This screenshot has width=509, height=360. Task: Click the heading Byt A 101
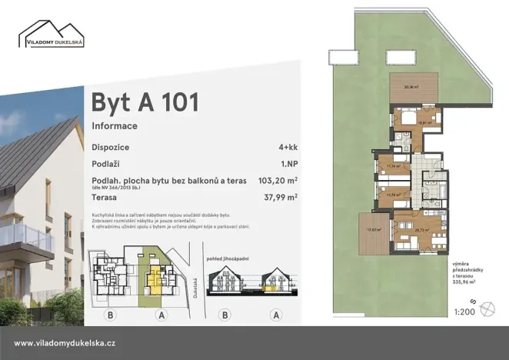tap(145, 102)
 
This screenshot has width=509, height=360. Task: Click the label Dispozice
tap(110, 146)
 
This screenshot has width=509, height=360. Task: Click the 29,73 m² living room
tap(421, 230)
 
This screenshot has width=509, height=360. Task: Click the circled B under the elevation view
tap(225, 314)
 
